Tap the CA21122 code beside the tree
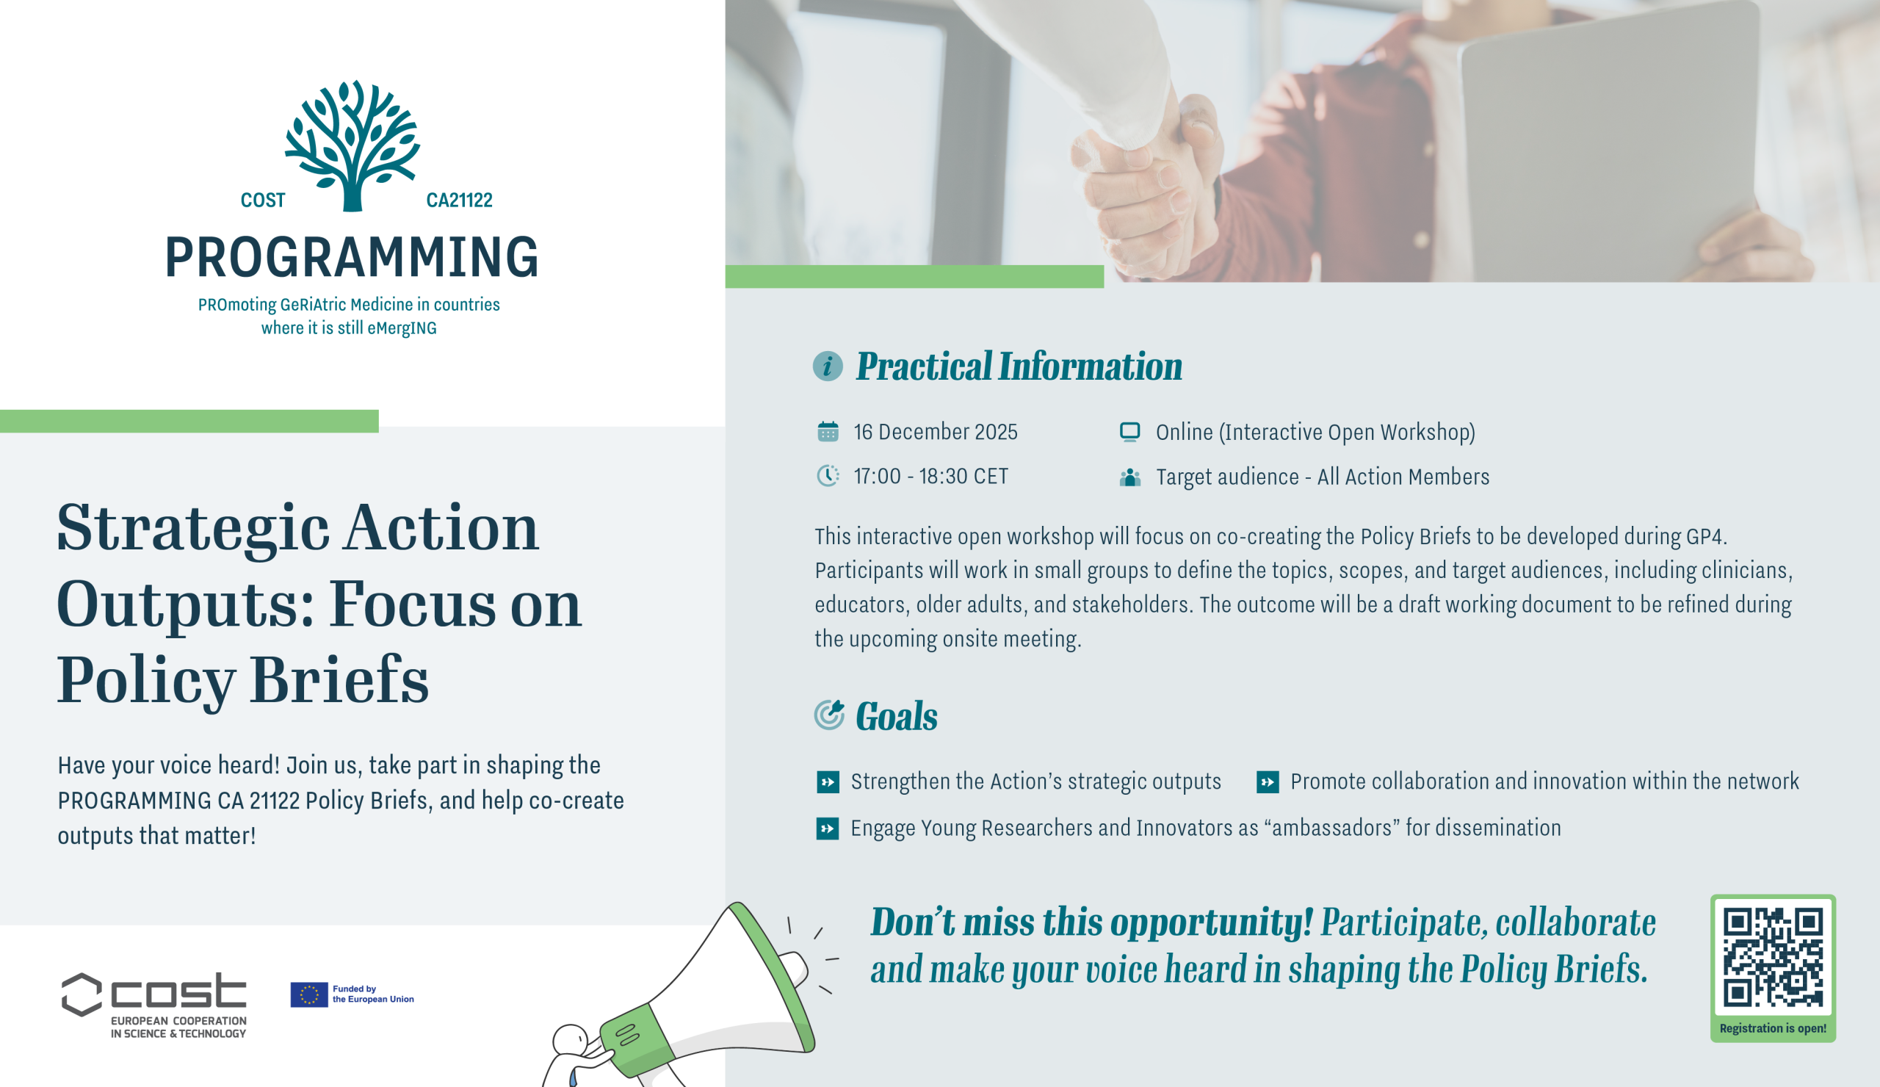point(459,200)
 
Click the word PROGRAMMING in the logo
point(350,257)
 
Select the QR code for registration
point(1773,957)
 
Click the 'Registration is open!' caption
point(1773,1028)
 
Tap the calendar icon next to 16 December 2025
point(828,431)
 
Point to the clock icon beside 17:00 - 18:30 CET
point(828,475)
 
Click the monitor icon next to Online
point(1129,431)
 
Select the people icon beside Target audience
point(1129,477)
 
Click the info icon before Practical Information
point(828,366)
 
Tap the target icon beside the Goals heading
point(829,715)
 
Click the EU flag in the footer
point(309,994)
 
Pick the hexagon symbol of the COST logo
point(82,994)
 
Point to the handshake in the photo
point(1141,172)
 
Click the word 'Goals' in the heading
point(896,716)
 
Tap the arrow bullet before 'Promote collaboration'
point(1268,782)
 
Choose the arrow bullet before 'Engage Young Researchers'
point(828,828)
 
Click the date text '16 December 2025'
point(935,432)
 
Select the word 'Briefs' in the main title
point(339,679)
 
